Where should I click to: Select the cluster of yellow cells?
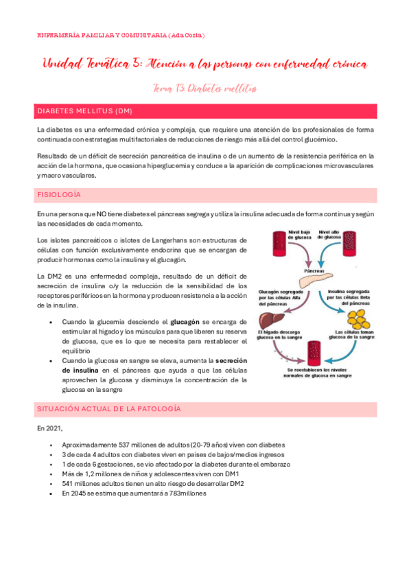(357, 320)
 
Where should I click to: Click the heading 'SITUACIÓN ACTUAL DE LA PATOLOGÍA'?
(109, 408)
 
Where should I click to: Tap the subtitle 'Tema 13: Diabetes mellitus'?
(205, 87)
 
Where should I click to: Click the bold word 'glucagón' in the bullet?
(185, 321)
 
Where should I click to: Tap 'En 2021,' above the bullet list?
(50, 428)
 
